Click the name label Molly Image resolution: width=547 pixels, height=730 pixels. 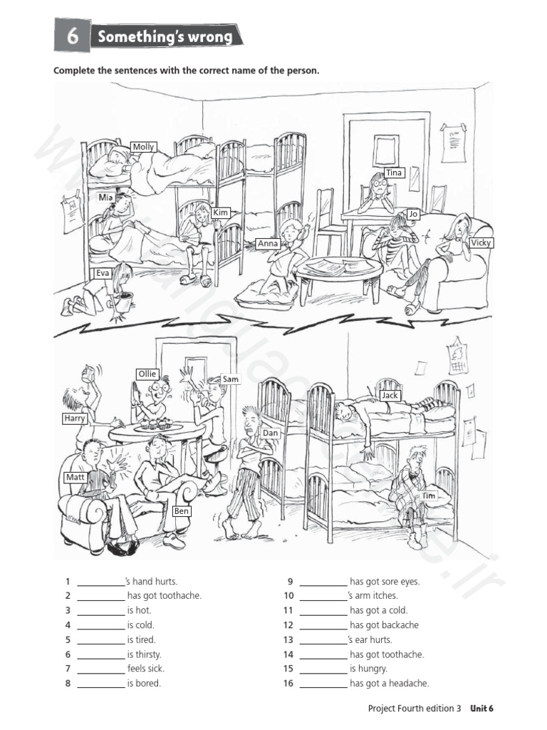143,148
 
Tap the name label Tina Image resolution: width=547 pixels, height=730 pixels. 394,173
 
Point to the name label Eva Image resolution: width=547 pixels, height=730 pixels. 103,273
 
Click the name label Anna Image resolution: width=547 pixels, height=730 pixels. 268,244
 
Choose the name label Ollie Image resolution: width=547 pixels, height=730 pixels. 147,374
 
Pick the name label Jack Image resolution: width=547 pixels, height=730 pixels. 390,396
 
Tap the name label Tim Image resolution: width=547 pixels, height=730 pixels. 429,495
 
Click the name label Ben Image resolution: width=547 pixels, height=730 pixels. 182,511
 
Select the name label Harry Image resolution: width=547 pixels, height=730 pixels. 74,418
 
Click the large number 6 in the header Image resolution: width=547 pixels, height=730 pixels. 72,36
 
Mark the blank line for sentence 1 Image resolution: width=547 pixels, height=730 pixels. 100,582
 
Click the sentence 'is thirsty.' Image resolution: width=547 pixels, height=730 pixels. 144,654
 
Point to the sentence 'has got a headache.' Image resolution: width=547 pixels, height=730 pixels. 389,683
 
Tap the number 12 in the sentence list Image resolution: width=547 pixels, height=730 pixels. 288,624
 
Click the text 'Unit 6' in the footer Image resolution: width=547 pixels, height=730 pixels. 480,708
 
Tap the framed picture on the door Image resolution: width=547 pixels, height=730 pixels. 385,150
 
